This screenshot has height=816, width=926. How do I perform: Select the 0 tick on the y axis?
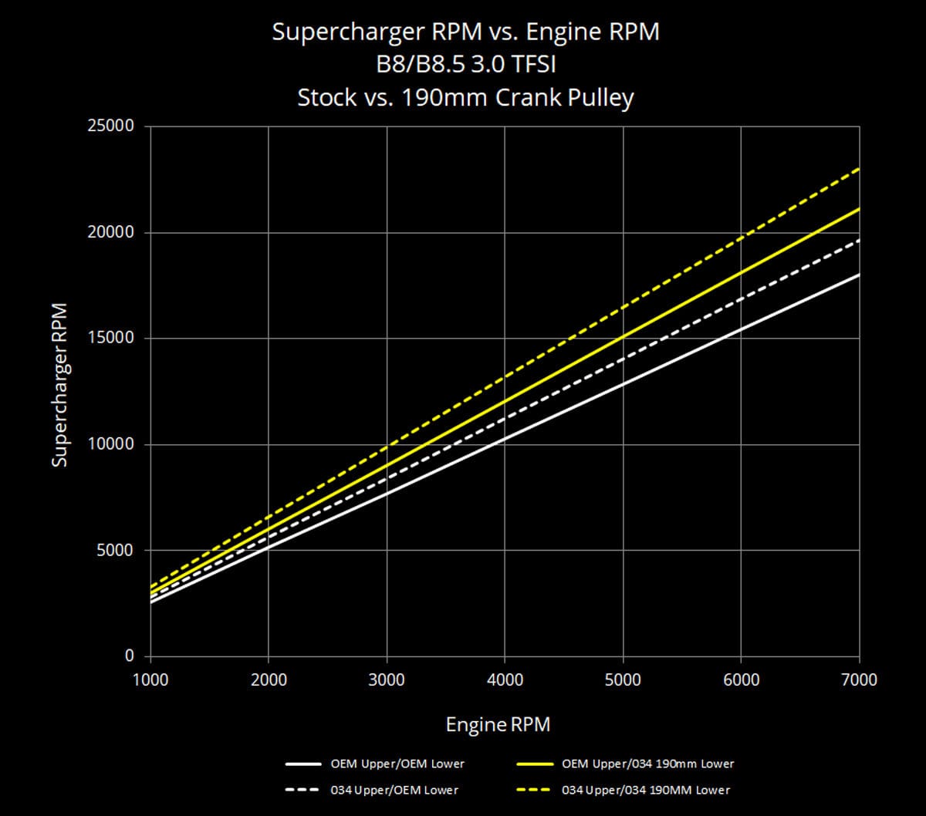130,656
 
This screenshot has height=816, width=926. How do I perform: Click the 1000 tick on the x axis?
150,679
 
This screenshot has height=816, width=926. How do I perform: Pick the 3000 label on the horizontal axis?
387,679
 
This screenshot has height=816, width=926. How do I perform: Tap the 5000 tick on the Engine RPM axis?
623,679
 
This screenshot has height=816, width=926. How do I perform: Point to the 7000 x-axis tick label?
859,679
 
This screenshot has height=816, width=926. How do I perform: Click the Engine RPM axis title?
498,725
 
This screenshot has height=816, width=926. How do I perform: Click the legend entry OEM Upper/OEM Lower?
397,764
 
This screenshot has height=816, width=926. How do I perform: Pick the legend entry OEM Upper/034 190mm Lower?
648,764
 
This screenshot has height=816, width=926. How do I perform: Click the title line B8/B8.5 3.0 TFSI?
466,66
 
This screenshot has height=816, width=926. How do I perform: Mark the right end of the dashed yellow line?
859,169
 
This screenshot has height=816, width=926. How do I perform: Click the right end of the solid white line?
859,275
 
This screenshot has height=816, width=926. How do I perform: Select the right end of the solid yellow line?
859,209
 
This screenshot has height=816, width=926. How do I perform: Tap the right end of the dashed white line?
859,241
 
